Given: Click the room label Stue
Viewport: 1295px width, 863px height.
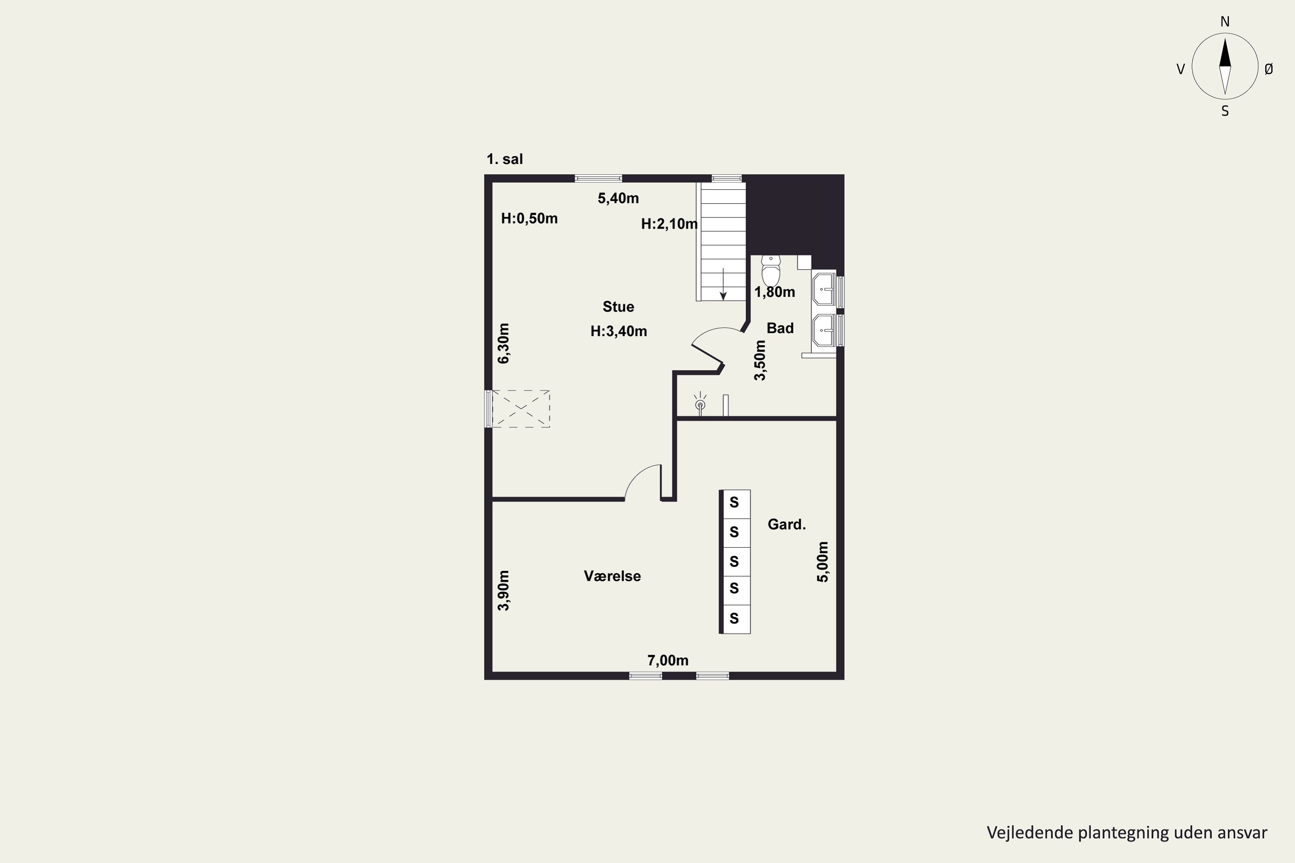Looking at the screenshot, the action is click(618, 306).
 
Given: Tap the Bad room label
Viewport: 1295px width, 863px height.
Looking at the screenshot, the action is click(780, 328).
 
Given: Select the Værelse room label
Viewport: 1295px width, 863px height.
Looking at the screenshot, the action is click(612, 576).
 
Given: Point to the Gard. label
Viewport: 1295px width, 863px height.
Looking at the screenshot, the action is click(787, 525).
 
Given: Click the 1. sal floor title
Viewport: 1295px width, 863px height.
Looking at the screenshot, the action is click(504, 159).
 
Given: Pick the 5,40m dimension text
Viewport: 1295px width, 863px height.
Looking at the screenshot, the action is click(618, 198).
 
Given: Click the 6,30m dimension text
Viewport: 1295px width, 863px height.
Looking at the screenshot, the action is click(504, 343).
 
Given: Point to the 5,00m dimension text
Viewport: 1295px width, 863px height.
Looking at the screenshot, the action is click(823, 562).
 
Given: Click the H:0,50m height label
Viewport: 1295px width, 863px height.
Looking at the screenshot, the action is click(529, 218).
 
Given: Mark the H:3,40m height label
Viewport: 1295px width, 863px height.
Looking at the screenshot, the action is click(618, 331).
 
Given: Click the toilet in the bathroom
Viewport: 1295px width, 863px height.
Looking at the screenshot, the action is click(771, 270).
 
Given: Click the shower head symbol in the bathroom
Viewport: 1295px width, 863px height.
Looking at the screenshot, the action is click(700, 404).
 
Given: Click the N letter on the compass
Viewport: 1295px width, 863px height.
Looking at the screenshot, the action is click(1225, 22).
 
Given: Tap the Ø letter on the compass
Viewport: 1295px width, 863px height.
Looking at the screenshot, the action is click(1269, 69).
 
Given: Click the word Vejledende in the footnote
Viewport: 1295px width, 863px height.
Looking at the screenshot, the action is click(1030, 833).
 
